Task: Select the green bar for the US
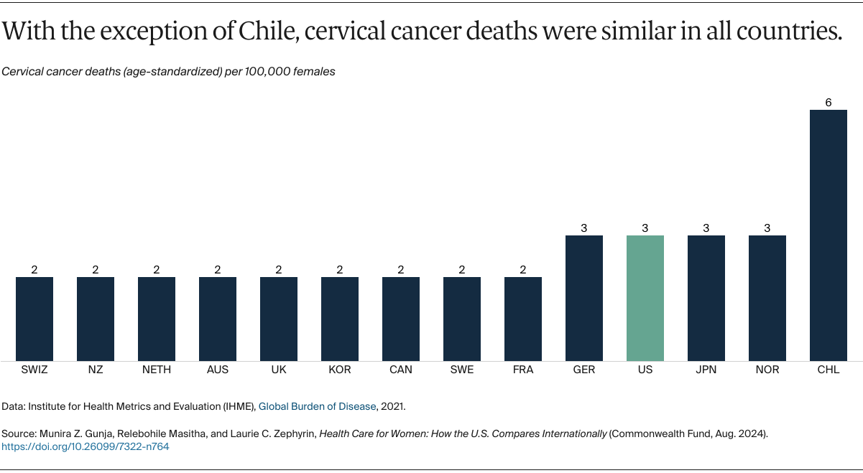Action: point(645,298)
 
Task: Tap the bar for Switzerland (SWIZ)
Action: point(34,319)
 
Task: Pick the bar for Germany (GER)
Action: point(583,298)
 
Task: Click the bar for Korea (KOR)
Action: point(340,319)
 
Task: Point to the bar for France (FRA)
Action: point(523,319)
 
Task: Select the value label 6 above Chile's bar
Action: point(828,103)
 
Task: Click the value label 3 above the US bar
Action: point(645,228)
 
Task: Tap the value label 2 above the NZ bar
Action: point(96,270)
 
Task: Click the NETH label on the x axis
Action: point(157,370)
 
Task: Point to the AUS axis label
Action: point(218,370)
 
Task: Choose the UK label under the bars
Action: point(279,370)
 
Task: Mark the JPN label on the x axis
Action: point(706,370)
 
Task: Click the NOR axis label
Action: point(767,370)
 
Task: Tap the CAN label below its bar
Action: point(401,370)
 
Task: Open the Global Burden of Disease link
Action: point(317,406)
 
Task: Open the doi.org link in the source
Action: point(86,446)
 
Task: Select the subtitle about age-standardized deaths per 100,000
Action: point(168,72)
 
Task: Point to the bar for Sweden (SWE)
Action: point(462,319)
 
